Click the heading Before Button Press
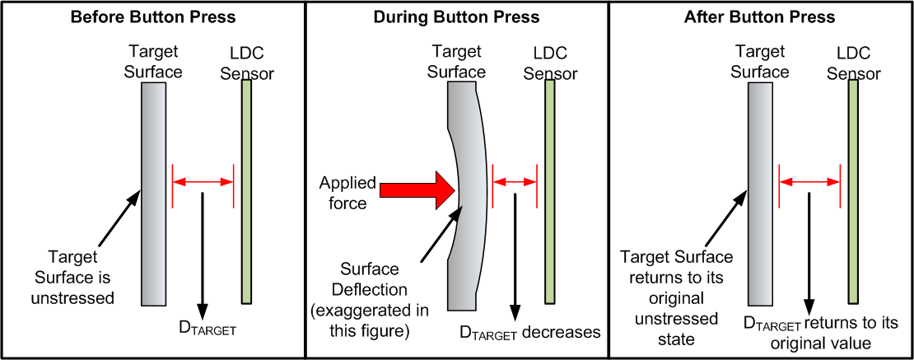pyautogui.click(x=153, y=17)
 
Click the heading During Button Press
pyautogui.click(x=456, y=17)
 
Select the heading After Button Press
pyautogui.click(x=759, y=17)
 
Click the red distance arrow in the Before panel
pyautogui.click(x=203, y=180)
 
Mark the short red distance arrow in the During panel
pyautogui.click(x=514, y=180)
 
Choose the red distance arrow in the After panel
pyautogui.click(x=809, y=180)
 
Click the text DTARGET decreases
pyautogui.click(x=529, y=332)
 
